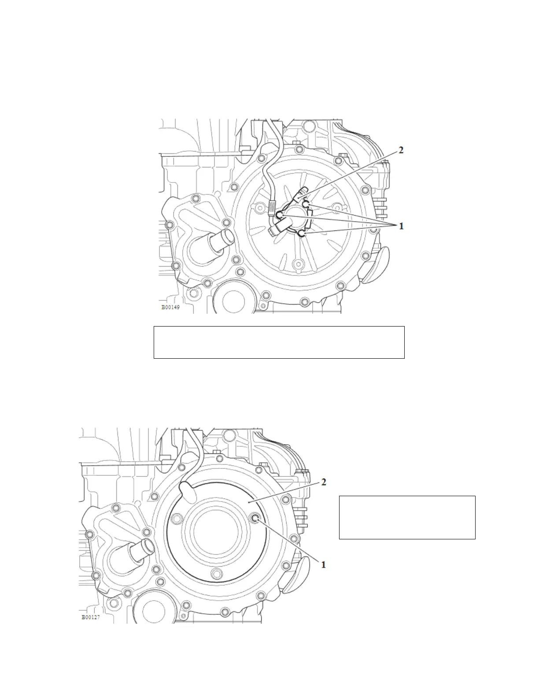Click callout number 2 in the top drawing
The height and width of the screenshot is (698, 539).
click(401, 150)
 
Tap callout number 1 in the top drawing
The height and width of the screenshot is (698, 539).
click(401, 226)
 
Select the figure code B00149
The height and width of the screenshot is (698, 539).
click(170, 307)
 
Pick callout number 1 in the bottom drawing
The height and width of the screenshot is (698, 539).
click(324, 564)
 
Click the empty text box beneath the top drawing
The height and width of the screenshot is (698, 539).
click(279, 342)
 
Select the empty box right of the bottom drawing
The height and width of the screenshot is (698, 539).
click(407, 517)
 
